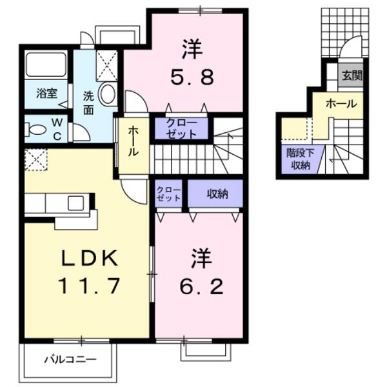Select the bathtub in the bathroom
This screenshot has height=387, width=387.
(46, 65)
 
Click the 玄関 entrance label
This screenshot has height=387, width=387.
(352, 75)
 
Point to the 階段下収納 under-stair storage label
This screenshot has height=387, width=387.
(299, 159)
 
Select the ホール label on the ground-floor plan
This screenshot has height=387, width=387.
(341, 103)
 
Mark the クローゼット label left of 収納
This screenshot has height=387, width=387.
(169, 193)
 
